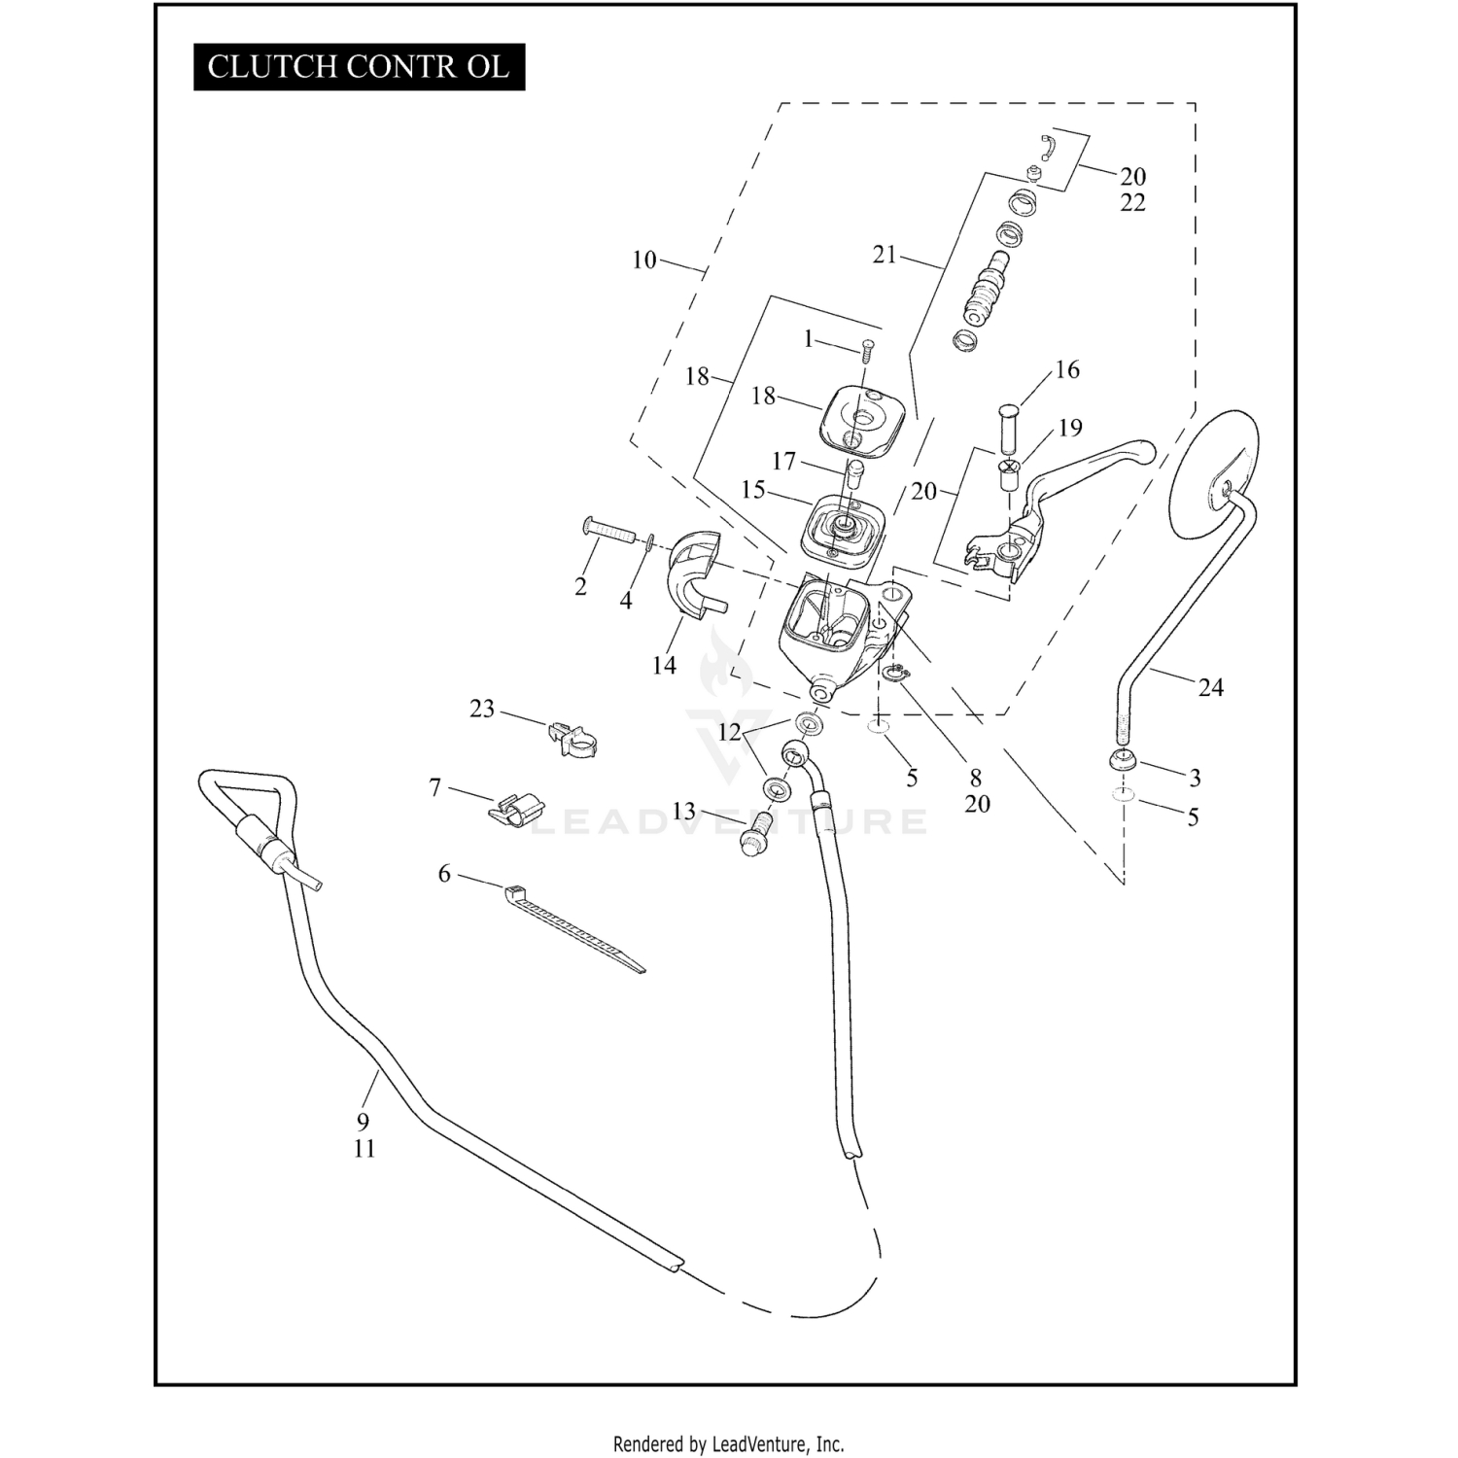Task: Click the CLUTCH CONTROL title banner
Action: point(359,67)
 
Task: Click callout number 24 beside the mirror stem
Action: point(1210,688)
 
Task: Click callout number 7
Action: point(434,787)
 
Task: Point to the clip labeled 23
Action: point(573,740)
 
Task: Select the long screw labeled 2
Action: point(608,533)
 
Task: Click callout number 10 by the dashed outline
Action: point(643,260)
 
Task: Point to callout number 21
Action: point(884,255)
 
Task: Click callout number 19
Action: point(1070,429)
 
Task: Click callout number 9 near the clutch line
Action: point(363,1122)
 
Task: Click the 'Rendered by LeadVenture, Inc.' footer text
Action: point(728,1443)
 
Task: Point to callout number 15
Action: point(753,489)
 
